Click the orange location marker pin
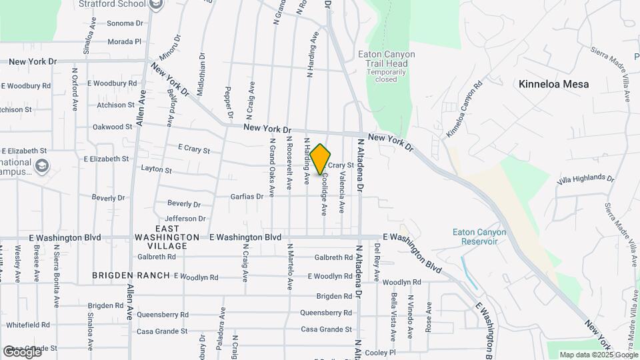[320, 159]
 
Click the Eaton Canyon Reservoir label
[479, 237]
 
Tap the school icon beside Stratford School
[157, 5]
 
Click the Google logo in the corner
[22, 351]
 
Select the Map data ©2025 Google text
[599, 355]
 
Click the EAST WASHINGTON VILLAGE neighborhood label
[167, 237]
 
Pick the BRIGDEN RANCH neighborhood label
[131, 275]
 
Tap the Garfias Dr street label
[243, 197]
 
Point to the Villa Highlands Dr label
[585, 179]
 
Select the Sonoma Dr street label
[125, 23]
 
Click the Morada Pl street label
[125, 41]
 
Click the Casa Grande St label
[327, 329]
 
